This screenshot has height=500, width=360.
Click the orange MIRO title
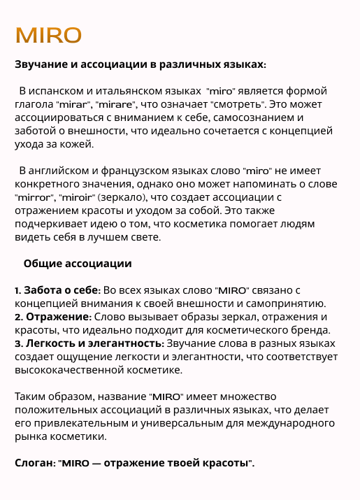[48, 35]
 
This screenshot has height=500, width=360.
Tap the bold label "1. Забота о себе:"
[58, 290]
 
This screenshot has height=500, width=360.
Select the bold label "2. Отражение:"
[53, 317]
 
